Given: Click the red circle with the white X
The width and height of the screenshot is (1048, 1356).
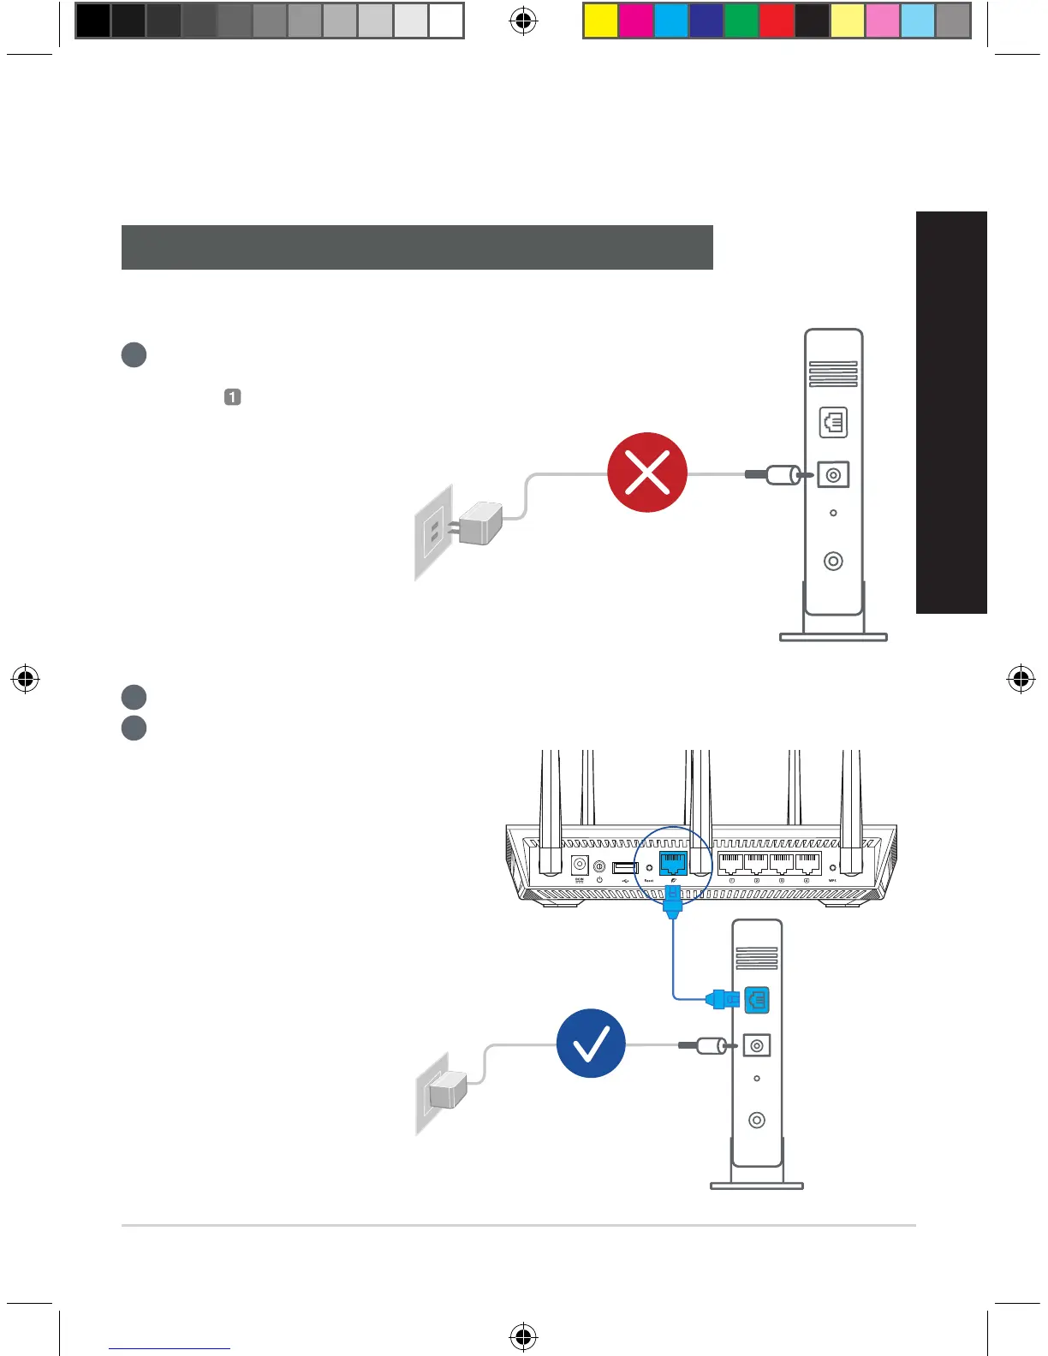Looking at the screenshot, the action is [647, 473].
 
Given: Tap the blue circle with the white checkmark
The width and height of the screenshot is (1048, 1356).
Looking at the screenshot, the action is [591, 1044].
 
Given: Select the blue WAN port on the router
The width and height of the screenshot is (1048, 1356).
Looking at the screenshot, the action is [673, 863].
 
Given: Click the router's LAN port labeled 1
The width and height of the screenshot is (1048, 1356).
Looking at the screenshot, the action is [731, 863].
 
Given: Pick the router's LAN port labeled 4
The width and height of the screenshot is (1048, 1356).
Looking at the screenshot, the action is [807, 863].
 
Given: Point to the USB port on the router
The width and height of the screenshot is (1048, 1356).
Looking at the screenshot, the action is [625, 868].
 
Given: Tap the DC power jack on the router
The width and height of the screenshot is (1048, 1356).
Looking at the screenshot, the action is [580, 865].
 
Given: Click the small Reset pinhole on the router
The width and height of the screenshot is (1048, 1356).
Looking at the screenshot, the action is [649, 868].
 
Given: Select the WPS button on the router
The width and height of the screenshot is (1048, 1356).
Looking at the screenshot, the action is [832, 868].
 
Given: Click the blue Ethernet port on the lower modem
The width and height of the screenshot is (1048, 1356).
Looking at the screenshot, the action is [757, 999].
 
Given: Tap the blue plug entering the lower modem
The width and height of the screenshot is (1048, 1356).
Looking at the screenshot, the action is [723, 998].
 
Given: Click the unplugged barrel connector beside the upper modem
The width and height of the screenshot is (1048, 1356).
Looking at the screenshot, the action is [781, 474].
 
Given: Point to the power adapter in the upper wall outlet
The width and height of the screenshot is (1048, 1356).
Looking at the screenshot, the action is [480, 523].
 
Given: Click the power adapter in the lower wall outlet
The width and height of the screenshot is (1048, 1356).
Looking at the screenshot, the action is [448, 1091].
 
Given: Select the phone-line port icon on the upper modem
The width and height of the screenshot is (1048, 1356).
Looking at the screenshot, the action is [833, 422].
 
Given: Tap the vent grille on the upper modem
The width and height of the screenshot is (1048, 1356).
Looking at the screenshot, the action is [833, 374].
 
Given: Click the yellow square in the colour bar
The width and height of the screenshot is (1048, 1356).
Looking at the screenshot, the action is [600, 21].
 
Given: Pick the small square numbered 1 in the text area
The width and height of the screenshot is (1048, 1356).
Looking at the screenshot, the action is [232, 397].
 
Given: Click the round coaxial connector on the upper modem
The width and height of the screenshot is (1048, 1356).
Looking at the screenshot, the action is [833, 561].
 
